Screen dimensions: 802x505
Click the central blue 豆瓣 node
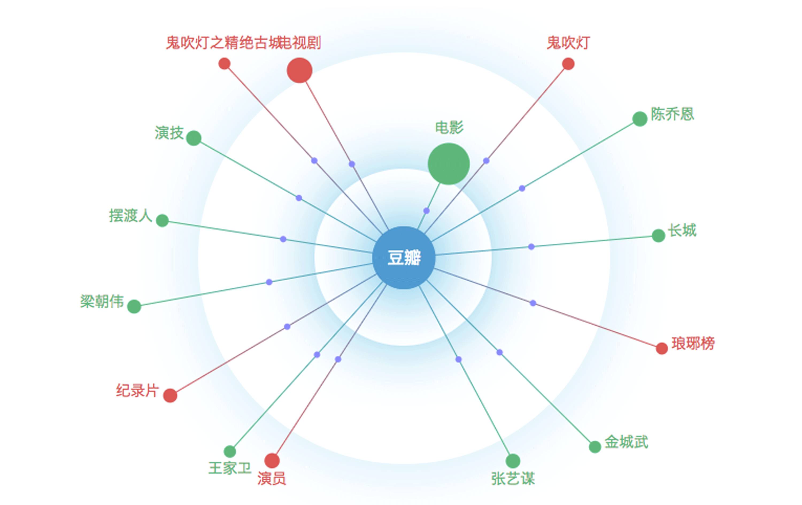404,257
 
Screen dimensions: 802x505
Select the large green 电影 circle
449,164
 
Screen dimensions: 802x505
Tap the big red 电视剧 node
299,70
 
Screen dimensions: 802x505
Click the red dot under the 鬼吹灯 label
568,64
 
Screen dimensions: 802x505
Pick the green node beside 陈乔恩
639,119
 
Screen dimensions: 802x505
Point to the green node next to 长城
658,236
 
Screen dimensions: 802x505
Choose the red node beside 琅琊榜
661,348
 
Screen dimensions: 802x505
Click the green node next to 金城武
595,447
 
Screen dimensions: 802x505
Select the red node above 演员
272,461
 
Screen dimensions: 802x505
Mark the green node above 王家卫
230,451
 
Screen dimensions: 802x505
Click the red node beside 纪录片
170,395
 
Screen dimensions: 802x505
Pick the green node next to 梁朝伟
134,306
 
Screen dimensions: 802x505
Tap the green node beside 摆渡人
162,220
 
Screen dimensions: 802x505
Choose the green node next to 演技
194,138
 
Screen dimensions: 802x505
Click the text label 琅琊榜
693,344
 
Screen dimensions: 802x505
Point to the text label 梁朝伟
102,302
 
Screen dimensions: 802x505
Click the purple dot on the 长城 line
531,247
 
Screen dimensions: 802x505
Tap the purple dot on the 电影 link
426,211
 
